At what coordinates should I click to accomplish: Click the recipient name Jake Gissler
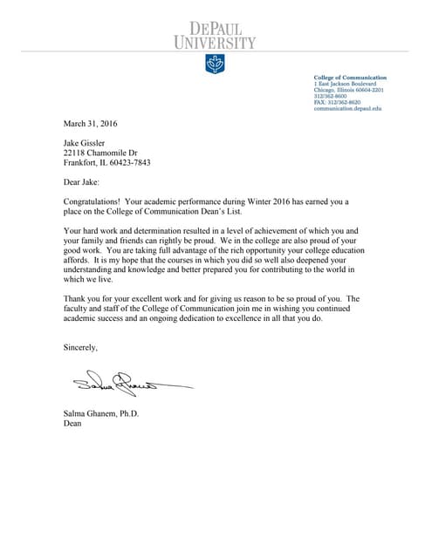click(84, 143)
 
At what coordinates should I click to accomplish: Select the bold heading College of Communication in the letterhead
click(348, 78)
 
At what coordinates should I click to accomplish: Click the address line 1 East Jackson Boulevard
click(346, 84)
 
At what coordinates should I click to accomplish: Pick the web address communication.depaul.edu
click(347, 108)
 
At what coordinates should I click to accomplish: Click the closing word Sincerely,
click(81, 347)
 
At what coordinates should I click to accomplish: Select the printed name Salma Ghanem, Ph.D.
click(101, 413)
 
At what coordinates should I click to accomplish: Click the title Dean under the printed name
click(72, 424)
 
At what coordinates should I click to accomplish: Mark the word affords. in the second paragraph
click(78, 260)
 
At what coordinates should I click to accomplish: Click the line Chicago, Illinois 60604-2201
click(349, 90)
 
